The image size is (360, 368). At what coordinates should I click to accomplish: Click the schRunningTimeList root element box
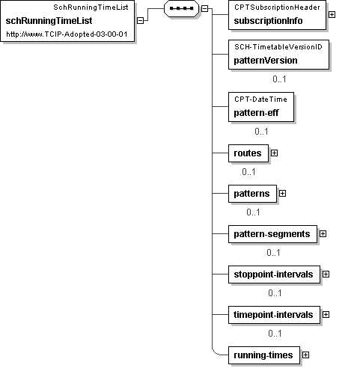coord(67,21)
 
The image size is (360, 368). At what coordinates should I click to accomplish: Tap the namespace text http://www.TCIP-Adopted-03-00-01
coord(67,34)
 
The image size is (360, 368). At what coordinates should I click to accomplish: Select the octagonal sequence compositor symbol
coord(181,8)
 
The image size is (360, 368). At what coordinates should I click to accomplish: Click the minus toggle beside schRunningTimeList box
coord(141,21)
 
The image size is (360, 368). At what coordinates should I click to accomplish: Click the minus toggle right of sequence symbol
coord(204,8)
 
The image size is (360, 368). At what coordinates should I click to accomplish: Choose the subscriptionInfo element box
coord(277,15)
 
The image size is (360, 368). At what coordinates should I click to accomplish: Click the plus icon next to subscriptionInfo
coord(332,15)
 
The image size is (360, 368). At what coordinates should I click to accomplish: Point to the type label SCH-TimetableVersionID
coord(278,47)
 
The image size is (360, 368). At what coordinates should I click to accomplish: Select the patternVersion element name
coord(266,61)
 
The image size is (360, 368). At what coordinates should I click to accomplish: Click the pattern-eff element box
coord(261,107)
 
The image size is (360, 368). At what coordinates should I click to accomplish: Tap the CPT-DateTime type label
coord(260,99)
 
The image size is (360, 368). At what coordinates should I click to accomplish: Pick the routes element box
coord(248,153)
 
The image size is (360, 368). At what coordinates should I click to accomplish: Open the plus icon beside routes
coord(274,153)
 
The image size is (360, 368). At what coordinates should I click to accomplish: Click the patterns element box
coord(252,194)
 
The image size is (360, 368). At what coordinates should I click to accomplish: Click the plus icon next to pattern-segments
coord(323,233)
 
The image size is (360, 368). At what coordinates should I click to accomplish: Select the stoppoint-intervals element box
coord(274,275)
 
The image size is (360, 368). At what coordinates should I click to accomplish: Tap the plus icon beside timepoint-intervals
coord(326,315)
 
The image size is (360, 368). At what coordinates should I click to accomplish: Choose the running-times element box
coord(264,355)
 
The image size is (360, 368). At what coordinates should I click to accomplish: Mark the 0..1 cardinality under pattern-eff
coord(261,132)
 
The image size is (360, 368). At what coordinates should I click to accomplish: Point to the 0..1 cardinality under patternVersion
coord(279,79)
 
